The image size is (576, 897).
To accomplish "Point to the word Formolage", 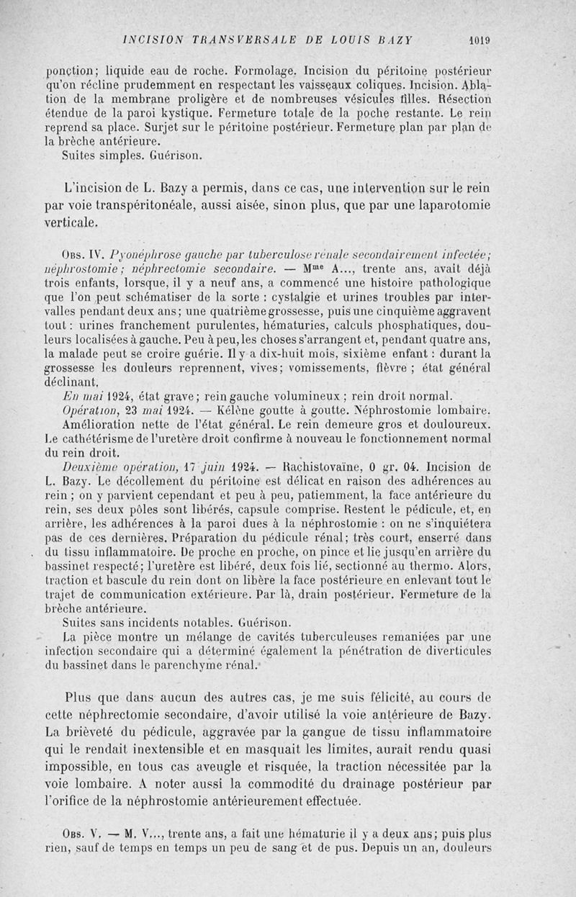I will click(x=270, y=72).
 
